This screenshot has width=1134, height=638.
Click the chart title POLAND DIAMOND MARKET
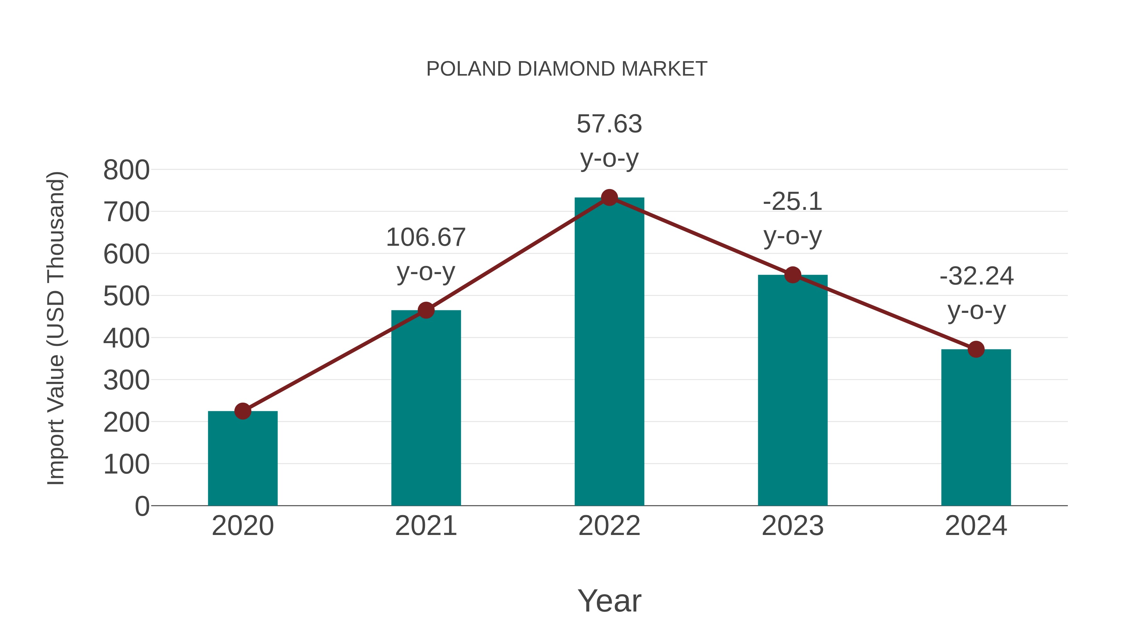click(567, 69)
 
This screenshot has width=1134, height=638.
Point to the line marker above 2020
click(243, 411)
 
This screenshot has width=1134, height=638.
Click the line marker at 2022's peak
click(609, 198)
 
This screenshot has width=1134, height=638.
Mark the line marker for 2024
click(976, 349)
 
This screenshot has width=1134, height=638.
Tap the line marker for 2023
click(793, 275)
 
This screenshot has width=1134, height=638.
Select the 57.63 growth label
click(609, 141)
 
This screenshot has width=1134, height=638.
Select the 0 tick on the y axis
click(142, 506)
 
